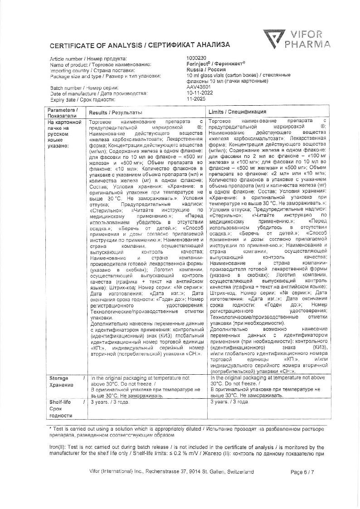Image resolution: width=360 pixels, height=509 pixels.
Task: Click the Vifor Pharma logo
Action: coord(297,39)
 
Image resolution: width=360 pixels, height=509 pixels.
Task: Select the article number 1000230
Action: coord(196,59)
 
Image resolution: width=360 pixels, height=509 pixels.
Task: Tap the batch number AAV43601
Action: coord(198,87)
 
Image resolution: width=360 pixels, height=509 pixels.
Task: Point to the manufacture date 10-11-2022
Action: coord(199,93)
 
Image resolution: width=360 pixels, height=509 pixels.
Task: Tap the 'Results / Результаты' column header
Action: coord(116,112)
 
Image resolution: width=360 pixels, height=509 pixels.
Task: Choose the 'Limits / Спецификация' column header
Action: coord(237,112)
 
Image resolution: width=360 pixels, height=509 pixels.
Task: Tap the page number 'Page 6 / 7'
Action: coord(302,472)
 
